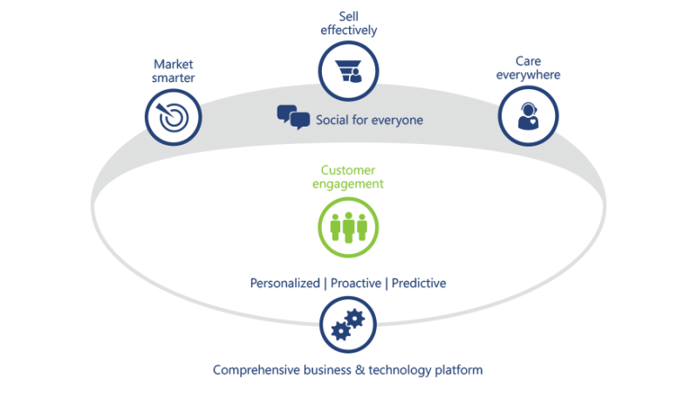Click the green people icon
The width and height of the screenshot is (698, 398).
click(348, 224)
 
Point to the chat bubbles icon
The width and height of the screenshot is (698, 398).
click(293, 117)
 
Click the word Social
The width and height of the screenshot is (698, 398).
click(334, 119)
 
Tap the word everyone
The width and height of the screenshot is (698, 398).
click(398, 119)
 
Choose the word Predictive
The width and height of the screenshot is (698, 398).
click(419, 284)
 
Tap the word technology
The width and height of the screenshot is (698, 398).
click(406, 370)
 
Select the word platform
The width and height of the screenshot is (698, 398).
click(462, 370)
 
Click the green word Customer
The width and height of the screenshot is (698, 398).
click(348, 170)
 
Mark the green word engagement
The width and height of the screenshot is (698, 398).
click(348, 184)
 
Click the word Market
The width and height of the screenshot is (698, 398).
click(172, 64)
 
